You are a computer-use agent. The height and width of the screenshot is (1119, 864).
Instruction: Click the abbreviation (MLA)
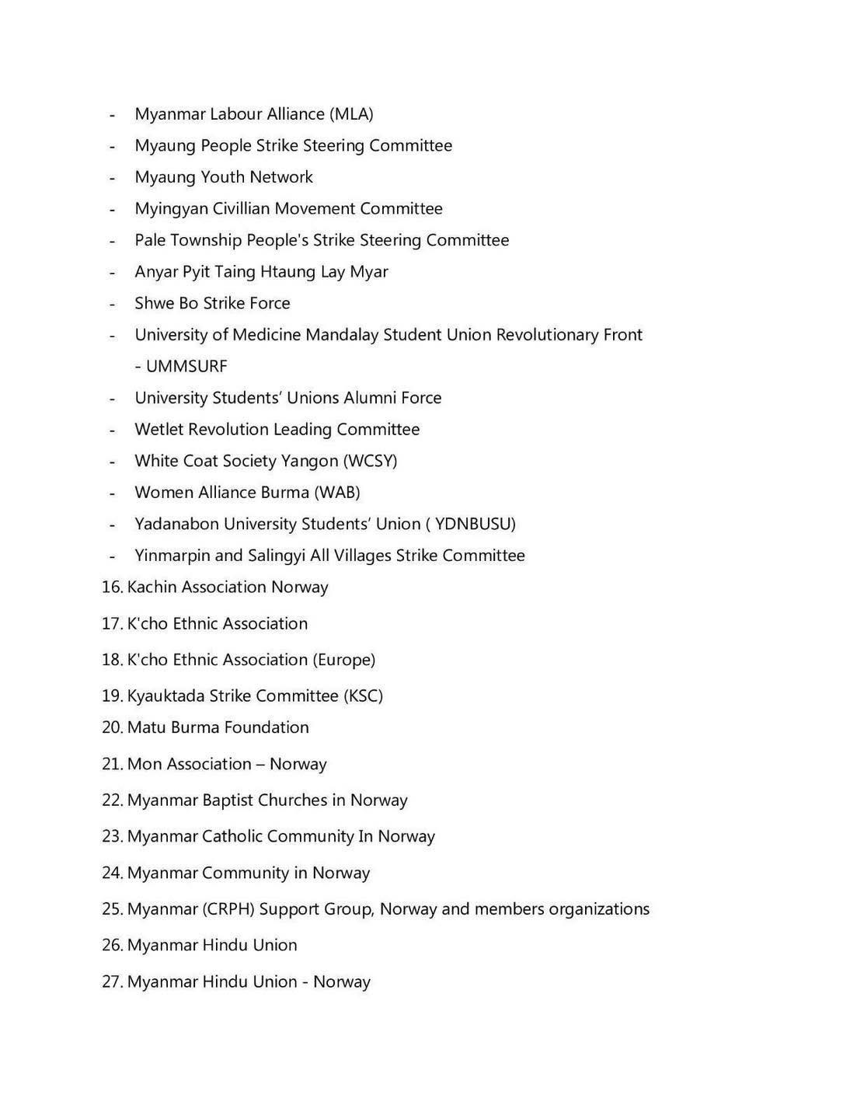tap(351, 114)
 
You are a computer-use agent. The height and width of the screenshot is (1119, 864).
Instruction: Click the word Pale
tap(149, 240)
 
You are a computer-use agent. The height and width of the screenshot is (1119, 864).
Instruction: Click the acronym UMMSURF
tap(186, 366)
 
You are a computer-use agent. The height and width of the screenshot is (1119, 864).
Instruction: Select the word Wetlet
tap(159, 430)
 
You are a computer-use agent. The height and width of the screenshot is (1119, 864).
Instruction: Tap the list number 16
tap(111, 587)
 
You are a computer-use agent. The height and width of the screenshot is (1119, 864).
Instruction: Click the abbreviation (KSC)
tap(363, 696)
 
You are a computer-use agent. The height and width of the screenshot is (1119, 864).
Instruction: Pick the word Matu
tap(146, 727)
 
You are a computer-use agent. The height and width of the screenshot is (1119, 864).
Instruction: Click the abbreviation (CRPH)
tap(228, 909)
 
